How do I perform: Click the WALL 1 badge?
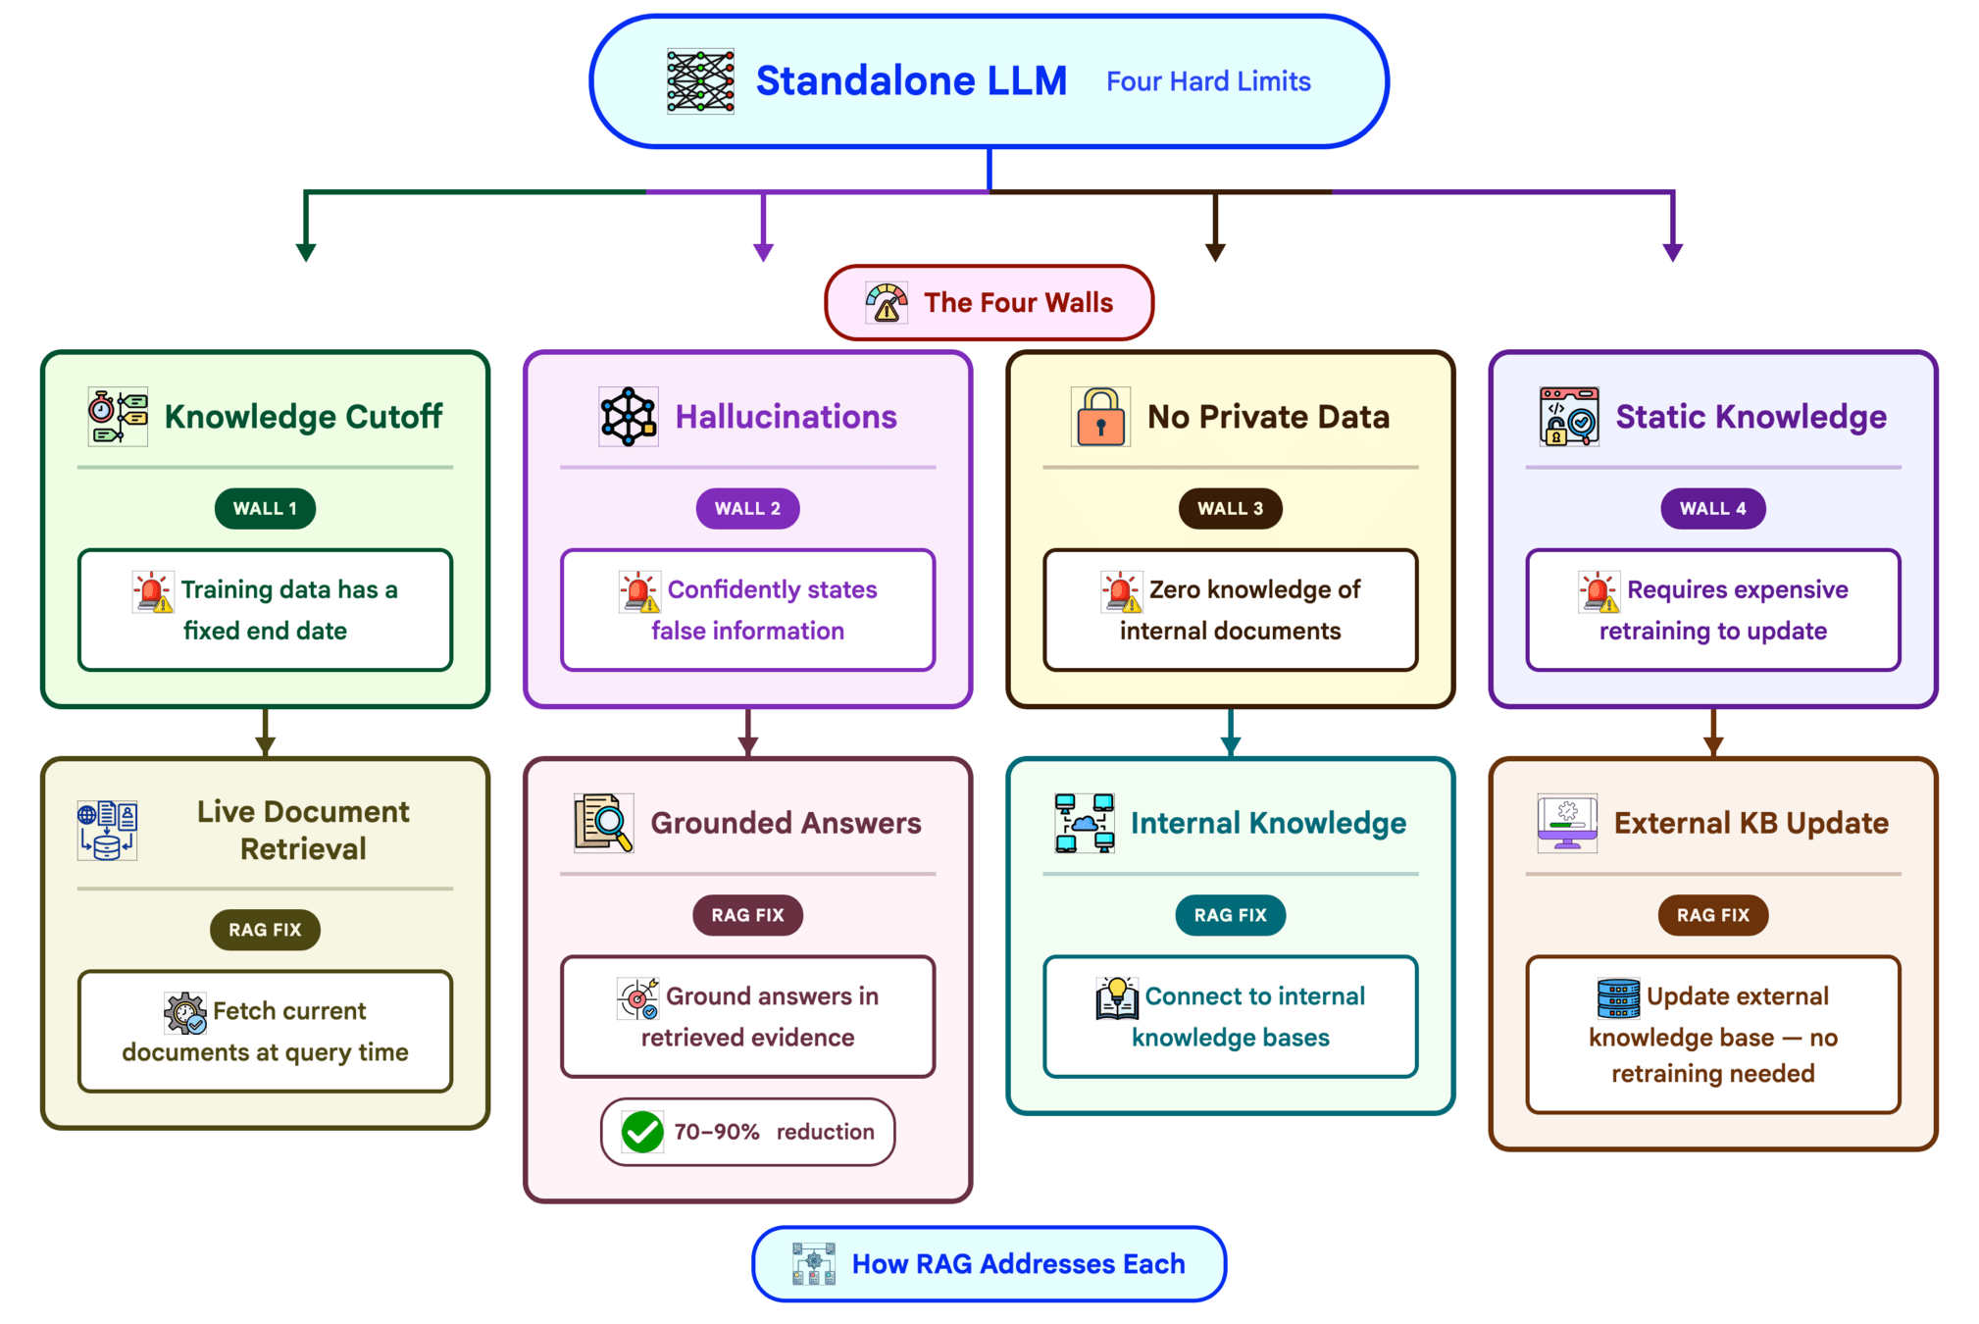click(x=265, y=509)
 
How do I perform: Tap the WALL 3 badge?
click(x=1230, y=509)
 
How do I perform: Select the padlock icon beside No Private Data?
click(x=1100, y=417)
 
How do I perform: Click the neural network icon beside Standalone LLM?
click(x=700, y=81)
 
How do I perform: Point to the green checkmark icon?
click(x=642, y=1132)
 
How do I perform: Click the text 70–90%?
click(x=717, y=1132)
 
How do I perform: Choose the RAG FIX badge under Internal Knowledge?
click(x=1230, y=915)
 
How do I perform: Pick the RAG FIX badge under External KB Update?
click(x=1712, y=915)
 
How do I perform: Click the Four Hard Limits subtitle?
click(x=1208, y=81)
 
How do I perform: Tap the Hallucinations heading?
click(x=786, y=417)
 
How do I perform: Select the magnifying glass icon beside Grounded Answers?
click(x=603, y=823)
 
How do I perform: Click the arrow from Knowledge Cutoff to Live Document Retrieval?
click(x=265, y=733)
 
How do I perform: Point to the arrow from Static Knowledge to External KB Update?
click(x=1712, y=733)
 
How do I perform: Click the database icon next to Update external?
click(x=1618, y=997)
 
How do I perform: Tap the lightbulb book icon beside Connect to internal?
click(x=1117, y=997)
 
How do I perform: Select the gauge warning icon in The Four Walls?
click(x=887, y=303)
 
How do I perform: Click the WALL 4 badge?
click(x=1712, y=509)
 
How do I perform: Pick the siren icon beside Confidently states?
click(x=639, y=591)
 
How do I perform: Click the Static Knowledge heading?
click(x=1751, y=417)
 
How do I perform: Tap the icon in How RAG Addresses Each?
click(x=814, y=1264)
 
